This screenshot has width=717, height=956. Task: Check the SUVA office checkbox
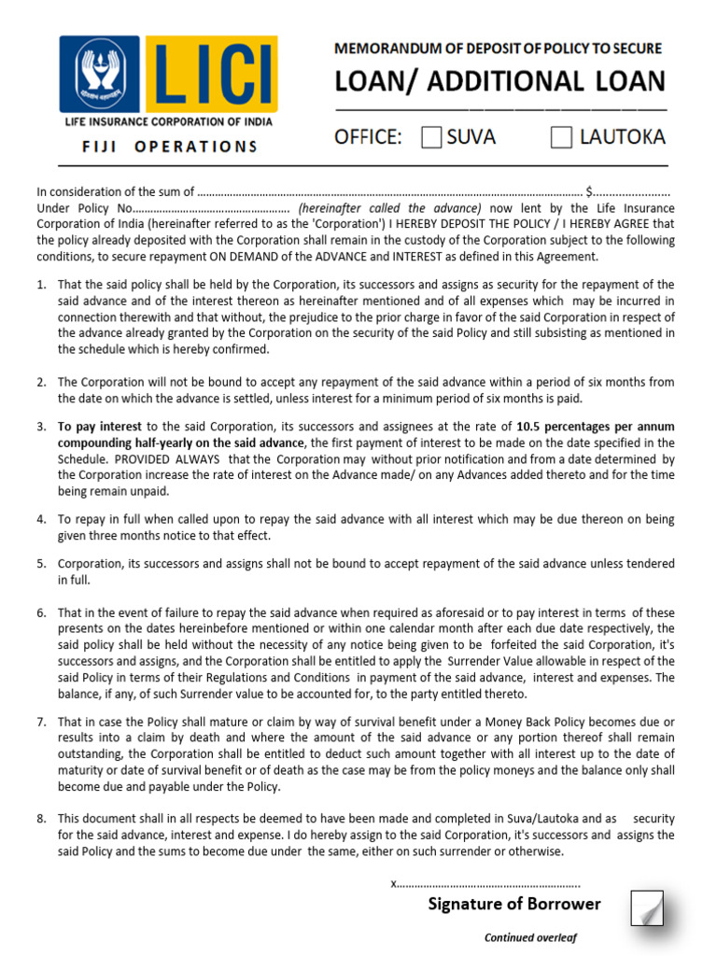pos(431,138)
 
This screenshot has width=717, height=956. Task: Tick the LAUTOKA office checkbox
pos(561,138)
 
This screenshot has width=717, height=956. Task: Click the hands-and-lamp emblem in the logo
pos(100,74)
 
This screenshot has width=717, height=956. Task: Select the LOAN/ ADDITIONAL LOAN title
pos(500,82)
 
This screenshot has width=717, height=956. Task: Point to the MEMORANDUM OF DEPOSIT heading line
pos(498,49)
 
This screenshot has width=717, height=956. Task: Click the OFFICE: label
pos(369,138)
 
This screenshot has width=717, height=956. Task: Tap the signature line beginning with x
pos(485,882)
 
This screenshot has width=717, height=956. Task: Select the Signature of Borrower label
pos(514,904)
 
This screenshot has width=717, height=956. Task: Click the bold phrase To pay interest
pos(100,427)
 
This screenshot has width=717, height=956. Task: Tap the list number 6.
pos(42,612)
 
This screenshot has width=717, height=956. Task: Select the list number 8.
pos(42,819)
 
